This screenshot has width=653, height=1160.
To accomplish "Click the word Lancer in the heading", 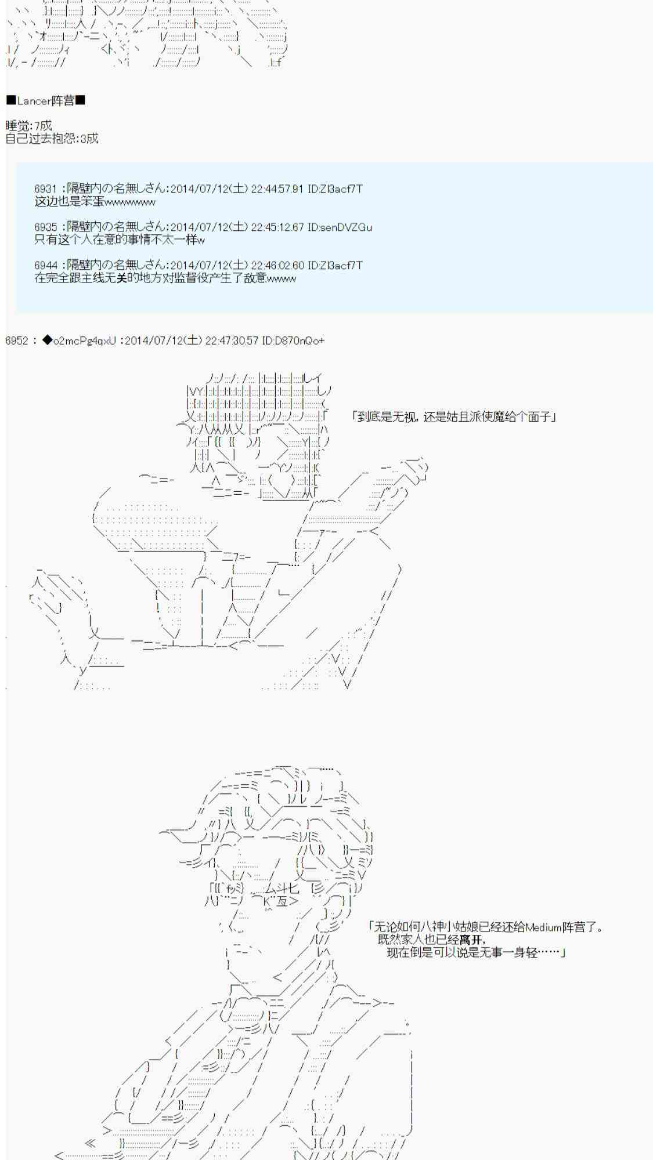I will [34, 101].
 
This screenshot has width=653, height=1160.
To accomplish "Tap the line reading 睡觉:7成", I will [28, 126].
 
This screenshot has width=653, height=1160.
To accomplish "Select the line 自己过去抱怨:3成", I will [52, 139].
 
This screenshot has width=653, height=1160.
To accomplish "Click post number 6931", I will [45, 189].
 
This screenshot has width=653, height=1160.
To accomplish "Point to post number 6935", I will [45, 227].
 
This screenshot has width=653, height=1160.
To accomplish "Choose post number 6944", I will [45, 266].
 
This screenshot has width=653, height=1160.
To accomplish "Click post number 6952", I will [16, 340].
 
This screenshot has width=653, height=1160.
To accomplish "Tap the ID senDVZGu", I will [347, 227].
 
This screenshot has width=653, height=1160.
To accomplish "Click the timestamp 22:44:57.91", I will [276, 189].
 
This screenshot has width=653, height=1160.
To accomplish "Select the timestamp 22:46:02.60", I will [276, 266].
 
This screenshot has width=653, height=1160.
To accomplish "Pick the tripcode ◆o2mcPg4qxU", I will [80, 340].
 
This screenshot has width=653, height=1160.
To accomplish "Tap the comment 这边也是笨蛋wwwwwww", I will [95, 202].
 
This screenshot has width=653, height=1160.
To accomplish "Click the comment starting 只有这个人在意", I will [119, 240].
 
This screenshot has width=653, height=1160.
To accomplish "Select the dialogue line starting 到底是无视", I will [454, 416].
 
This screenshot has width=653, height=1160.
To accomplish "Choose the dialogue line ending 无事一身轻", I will [475, 952].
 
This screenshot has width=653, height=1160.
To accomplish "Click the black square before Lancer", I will [11, 101].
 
